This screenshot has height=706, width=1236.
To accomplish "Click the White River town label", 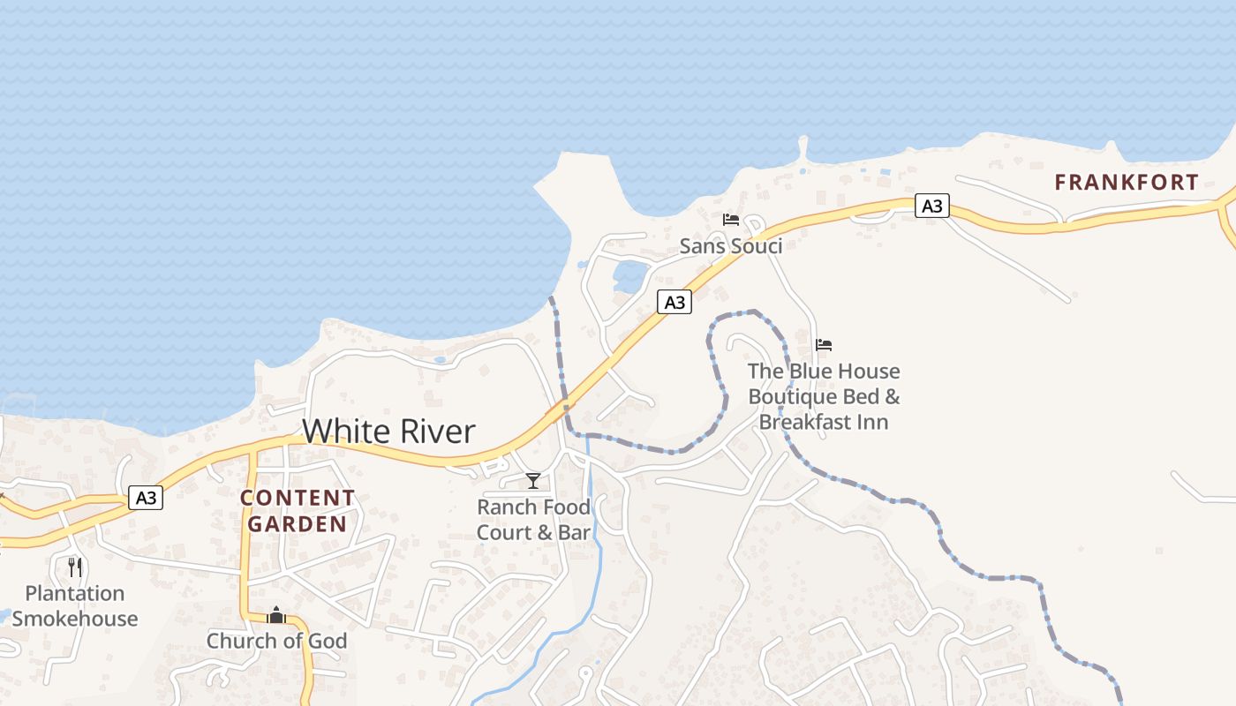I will (388, 432).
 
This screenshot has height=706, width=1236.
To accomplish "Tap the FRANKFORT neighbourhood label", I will (1127, 183).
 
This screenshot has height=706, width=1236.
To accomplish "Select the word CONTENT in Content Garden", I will (298, 498).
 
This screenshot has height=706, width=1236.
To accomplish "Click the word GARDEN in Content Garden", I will (298, 524).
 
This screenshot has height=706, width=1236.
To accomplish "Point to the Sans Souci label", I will (731, 246).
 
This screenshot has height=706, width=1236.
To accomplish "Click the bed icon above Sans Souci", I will (731, 220).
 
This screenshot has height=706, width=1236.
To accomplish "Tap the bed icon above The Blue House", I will (824, 345).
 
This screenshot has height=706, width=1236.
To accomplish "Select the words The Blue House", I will (824, 372).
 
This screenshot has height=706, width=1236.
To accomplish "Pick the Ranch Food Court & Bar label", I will (533, 520).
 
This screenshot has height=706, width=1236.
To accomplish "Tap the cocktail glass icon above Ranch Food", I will (533, 481).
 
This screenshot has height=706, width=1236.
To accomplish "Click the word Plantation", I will (74, 593).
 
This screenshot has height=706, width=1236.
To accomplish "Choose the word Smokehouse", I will (74, 619).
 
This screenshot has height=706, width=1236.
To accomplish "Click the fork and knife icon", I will (75, 567).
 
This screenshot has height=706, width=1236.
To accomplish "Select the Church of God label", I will (276, 641).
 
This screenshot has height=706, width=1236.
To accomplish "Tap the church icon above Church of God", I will (276, 615).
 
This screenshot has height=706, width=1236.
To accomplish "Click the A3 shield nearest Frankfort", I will (931, 207).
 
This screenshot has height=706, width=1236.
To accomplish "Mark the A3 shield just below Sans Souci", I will (675, 303).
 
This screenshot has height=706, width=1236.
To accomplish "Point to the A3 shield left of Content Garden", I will (146, 498).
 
